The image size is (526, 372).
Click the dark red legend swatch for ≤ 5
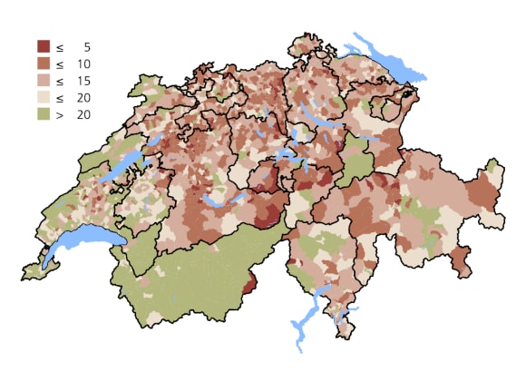[x=43, y=46]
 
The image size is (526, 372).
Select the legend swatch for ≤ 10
[x=43, y=64]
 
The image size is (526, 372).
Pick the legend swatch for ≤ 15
[x=43, y=81]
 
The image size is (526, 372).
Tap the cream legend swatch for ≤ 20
[x=43, y=98]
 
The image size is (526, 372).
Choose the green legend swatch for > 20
[x=43, y=114]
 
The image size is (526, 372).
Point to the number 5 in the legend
[x=86, y=46]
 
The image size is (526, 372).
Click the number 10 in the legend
[x=83, y=64]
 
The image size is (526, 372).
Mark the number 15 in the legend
[x=83, y=81]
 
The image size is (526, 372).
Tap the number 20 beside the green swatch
[x=83, y=114]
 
